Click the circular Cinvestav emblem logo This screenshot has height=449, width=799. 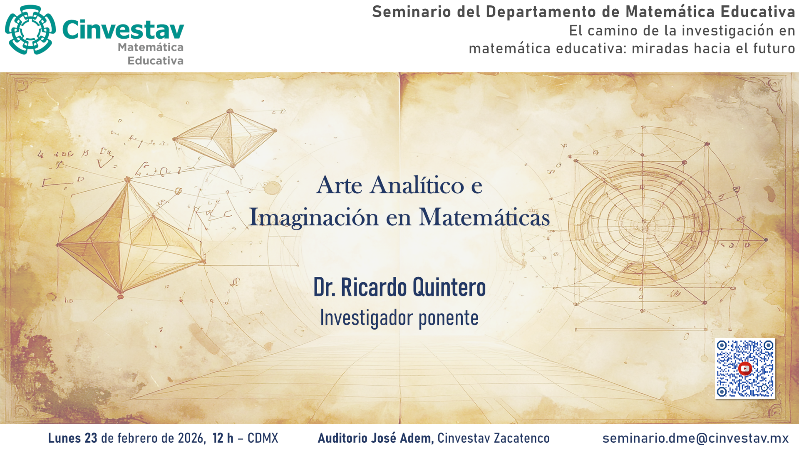30,30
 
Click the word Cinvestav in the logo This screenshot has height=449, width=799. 123,30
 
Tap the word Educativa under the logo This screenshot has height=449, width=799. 155,61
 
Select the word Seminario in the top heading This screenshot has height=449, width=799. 411,12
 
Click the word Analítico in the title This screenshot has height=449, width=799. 417,185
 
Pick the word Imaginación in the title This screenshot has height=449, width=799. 314,217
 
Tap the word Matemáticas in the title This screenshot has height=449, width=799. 484,217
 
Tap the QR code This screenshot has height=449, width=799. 745,369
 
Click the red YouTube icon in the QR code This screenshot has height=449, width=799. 745,368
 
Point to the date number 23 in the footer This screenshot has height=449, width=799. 91,438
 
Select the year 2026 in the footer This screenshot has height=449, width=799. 191,438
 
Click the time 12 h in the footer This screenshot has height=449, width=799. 223,438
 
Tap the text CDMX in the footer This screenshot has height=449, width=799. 263,438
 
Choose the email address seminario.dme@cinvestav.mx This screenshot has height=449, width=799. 695,438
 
